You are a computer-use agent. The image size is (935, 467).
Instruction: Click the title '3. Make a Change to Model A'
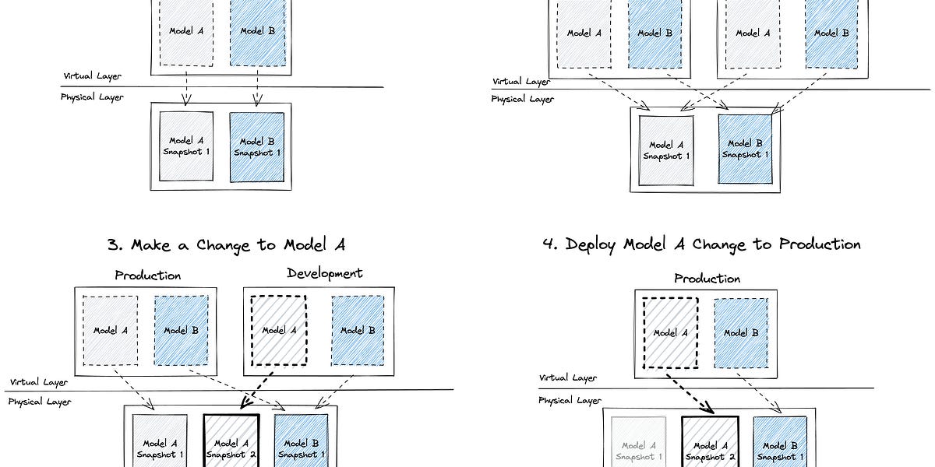[x=226, y=244]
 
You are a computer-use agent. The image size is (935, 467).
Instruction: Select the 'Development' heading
[x=324, y=273]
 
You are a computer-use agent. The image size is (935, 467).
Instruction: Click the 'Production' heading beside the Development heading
[x=147, y=276]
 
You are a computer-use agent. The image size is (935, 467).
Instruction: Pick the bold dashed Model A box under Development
[x=278, y=330]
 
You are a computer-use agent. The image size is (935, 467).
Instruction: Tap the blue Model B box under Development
[x=358, y=330]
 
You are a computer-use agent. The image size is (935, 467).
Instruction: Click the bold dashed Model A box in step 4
[x=670, y=332]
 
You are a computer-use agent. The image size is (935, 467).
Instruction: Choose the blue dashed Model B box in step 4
[x=740, y=332]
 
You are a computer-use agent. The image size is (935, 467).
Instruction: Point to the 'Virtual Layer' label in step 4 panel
[x=568, y=377]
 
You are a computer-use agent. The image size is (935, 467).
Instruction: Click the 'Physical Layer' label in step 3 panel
[x=39, y=402]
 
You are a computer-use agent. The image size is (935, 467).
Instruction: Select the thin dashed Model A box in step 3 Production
[x=110, y=330]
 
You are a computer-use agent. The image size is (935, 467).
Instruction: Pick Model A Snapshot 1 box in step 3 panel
[x=160, y=442]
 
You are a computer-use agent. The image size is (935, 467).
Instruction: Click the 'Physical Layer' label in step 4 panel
[x=570, y=400]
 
